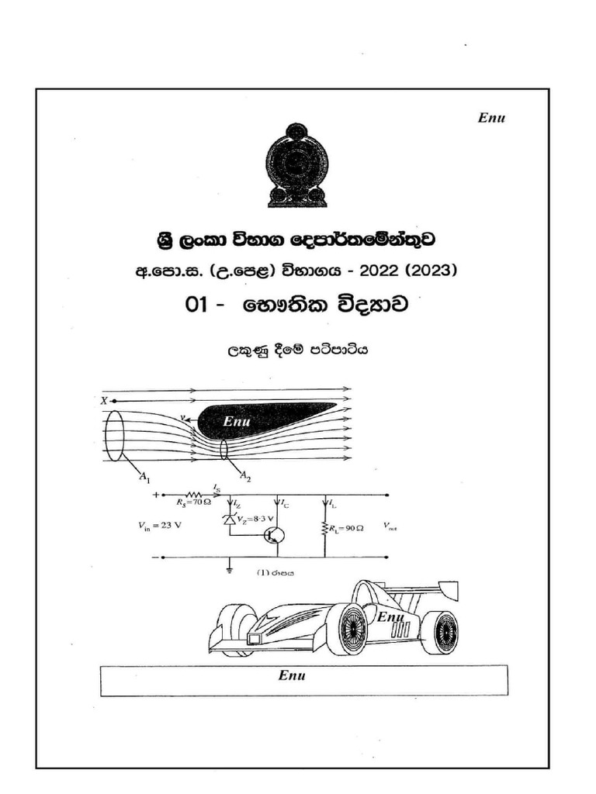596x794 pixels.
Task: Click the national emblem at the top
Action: point(296,165)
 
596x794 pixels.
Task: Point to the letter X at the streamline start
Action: point(103,400)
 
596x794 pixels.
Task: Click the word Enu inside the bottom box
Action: point(292,675)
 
